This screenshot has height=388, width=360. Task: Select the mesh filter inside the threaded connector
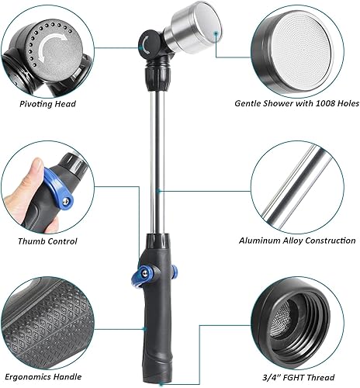click(301, 310)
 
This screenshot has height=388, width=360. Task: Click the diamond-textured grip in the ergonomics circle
click(47, 318)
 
